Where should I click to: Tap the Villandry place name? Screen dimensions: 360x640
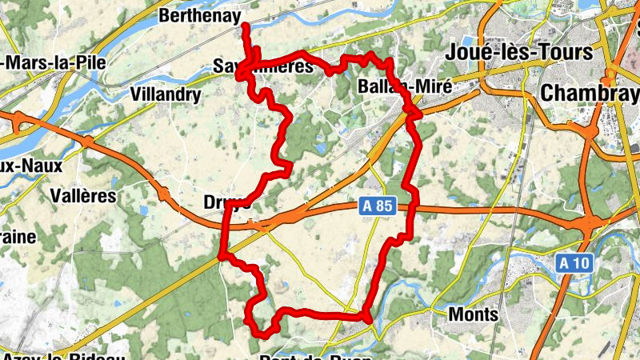coord(165,94)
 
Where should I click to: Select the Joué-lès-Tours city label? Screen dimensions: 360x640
coord(521,53)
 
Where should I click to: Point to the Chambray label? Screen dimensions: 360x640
coord(589,93)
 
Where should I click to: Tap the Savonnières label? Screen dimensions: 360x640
coord(263,67)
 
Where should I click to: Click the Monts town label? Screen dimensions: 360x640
coord(474,314)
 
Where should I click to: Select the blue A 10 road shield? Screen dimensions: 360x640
coord(574,263)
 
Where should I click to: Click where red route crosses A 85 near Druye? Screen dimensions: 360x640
coord(224,219)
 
